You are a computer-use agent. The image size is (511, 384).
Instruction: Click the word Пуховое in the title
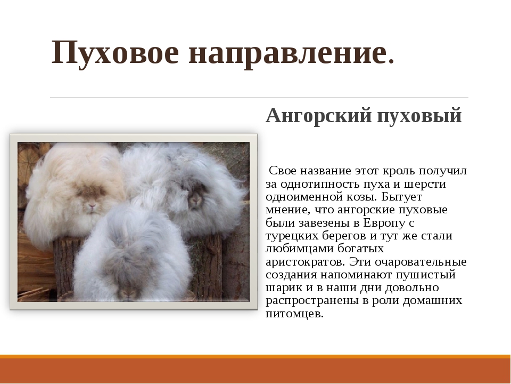pyautogui.click(x=115, y=53)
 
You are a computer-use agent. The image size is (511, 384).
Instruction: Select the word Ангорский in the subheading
pyautogui.click(x=319, y=116)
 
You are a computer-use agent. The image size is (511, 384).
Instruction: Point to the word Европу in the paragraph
pyautogui.click(x=384, y=223)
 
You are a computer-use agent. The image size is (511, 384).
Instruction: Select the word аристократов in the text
pyautogui.click(x=306, y=262)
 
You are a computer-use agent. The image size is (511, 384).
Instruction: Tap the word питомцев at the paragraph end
pyautogui.click(x=294, y=314)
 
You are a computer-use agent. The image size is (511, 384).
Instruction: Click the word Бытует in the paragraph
pyautogui.click(x=401, y=197)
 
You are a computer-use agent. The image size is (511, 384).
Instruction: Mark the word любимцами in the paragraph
pyautogui.click(x=300, y=249)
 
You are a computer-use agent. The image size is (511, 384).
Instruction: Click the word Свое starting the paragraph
pyautogui.click(x=282, y=171)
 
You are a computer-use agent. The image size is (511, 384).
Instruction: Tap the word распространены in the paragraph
pyautogui.click(x=312, y=301)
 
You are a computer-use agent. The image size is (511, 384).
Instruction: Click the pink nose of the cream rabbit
pyautogui.click(x=92, y=206)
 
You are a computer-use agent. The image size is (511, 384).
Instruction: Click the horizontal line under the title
pyautogui.click(x=259, y=98)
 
